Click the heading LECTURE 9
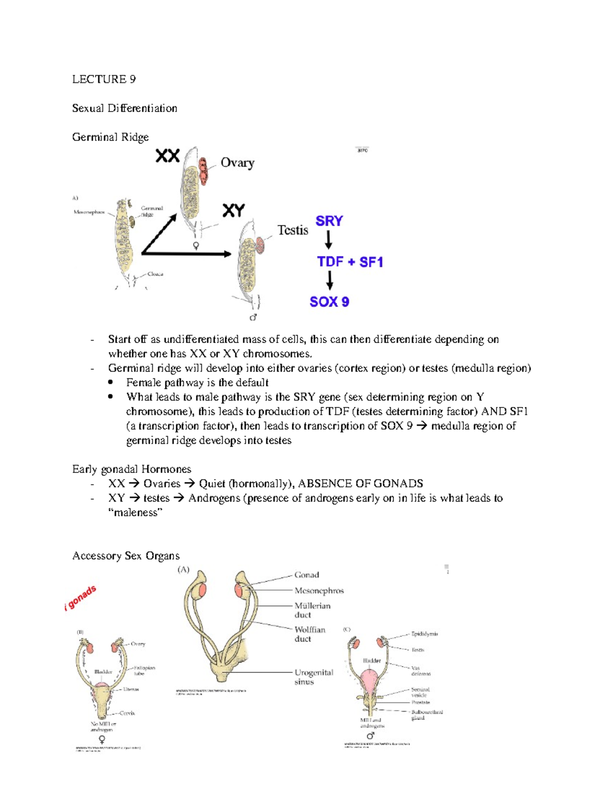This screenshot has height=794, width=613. [104, 79]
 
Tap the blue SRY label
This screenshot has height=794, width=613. [329, 221]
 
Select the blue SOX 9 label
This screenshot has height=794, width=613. [329, 302]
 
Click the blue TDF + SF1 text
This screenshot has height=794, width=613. [350, 262]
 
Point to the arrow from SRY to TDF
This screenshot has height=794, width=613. [328, 240]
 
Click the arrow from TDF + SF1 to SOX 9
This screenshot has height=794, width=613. [330, 281]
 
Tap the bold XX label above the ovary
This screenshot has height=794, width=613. [168, 155]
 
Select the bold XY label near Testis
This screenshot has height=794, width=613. [233, 210]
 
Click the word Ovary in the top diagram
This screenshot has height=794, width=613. [237, 163]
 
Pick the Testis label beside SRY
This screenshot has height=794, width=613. [293, 230]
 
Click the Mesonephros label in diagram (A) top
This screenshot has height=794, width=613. [89, 212]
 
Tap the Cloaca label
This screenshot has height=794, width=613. [155, 274]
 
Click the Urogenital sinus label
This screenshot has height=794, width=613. [313, 677]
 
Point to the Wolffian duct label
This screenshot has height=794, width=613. [310, 634]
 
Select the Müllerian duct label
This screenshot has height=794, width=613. [312, 610]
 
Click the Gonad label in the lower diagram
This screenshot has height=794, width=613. [306, 575]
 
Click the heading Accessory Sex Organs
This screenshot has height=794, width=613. [126, 556]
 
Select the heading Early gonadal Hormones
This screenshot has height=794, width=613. [131, 469]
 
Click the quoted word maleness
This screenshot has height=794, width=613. [135, 512]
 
